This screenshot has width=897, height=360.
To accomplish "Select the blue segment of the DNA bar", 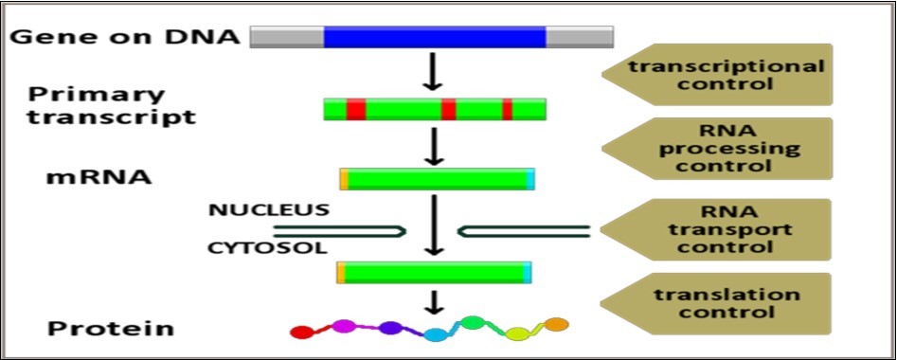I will pyautogui.click(x=434, y=36).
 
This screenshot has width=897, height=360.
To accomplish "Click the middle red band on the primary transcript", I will pyautogui.click(x=448, y=108).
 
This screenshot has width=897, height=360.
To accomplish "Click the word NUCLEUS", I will pyautogui.click(x=270, y=209).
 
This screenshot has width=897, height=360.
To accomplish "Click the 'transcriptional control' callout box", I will pyautogui.click(x=725, y=74).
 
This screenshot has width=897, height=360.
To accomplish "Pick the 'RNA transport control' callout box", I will pyautogui.click(x=725, y=229).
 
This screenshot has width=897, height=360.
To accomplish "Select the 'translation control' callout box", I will pyautogui.click(x=725, y=303).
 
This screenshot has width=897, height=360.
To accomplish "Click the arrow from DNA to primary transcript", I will pyautogui.click(x=432, y=72).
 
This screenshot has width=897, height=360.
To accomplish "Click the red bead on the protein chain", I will pyautogui.click(x=301, y=333).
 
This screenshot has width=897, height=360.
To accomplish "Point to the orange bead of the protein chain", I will pyautogui.click(x=557, y=325).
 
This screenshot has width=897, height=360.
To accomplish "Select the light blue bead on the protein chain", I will pyautogui.click(x=435, y=334).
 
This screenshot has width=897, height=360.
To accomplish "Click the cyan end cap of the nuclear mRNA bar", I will pyautogui.click(x=529, y=178).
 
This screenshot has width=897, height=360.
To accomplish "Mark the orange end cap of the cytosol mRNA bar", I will pyautogui.click(x=341, y=274).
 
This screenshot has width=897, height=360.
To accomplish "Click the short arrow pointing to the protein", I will pyautogui.click(x=433, y=302).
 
